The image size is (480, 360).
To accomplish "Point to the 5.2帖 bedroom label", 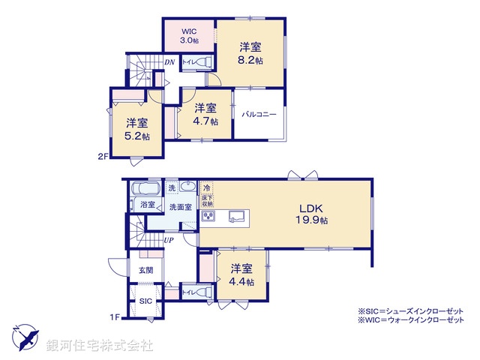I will pyautogui.click(x=136, y=130).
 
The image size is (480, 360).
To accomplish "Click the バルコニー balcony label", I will pyautogui.click(x=259, y=114).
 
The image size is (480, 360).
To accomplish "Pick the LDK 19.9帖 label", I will pyautogui.click(x=315, y=214).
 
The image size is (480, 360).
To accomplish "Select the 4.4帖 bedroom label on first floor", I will pyautogui.click(x=241, y=274).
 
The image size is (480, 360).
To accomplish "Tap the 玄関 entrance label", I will pyautogui.click(x=145, y=270).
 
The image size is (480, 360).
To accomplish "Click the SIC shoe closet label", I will pyautogui.click(x=145, y=301).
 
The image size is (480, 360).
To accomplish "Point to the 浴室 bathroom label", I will pyautogui.click(x=147, y=205).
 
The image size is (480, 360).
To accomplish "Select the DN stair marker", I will pyautogui.click(x=170, y=63).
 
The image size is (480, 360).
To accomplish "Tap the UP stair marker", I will pyautogui.click(x=170, y=240).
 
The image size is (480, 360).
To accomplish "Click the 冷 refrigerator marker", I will pyautogui.click(x=207, y=187).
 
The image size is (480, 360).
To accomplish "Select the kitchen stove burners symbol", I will pyautogui.click(x=208, y=217).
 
